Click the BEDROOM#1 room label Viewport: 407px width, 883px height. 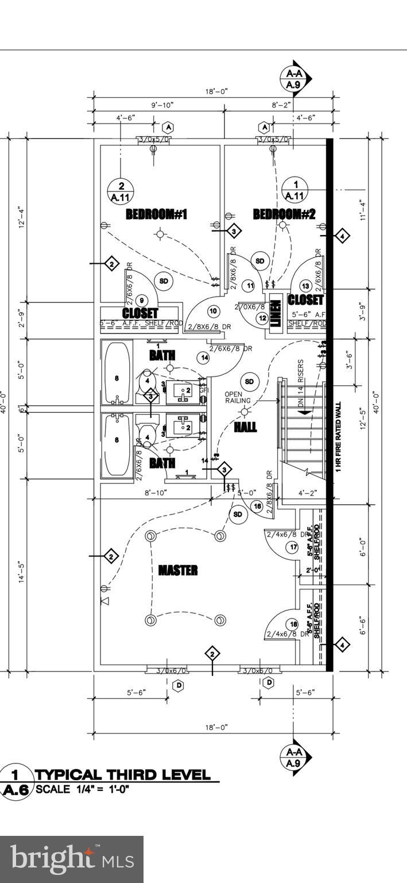pos(157,214)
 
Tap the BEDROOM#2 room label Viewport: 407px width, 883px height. pos(285,214)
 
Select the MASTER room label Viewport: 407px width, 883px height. pos(178,570)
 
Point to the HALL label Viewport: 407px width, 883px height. pos(245,427)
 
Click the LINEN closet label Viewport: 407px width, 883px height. pos(276,313)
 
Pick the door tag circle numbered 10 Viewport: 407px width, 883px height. pos(213,311)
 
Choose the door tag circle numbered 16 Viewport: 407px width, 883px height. pos(257,506)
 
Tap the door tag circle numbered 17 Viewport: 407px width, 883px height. pos(293,547)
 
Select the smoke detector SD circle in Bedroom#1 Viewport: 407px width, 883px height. pos(164,281)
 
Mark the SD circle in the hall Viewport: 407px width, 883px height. pos(249,381)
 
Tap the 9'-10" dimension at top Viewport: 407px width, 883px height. pos(162,105)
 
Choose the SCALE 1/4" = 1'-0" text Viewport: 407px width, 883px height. pos(82,789)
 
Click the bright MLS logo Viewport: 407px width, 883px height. pos(72,859)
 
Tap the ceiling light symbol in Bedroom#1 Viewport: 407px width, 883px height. pos(161,233)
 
